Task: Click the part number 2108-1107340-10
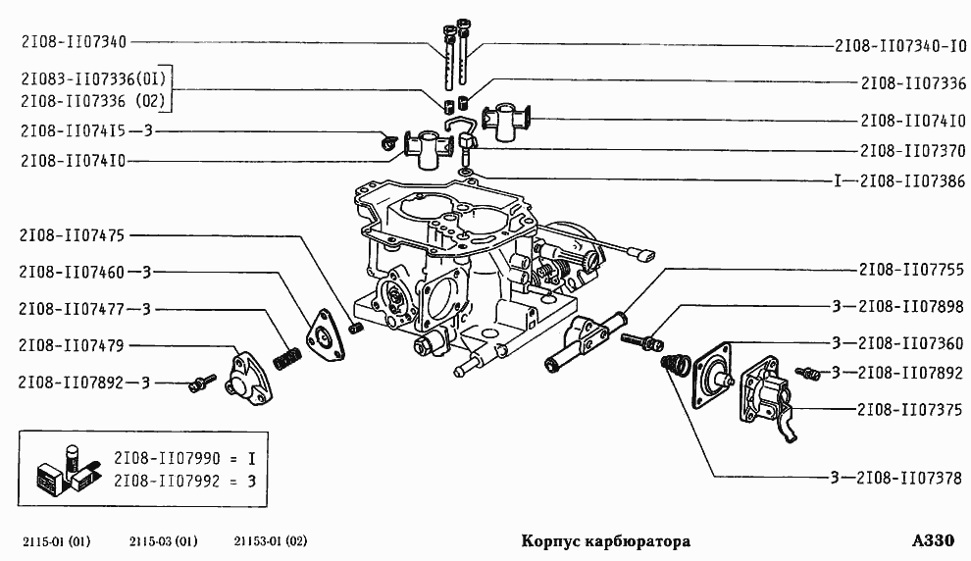900,45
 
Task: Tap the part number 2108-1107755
911,268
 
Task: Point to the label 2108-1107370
912,151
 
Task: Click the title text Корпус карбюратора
605,541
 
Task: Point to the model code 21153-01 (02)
271,541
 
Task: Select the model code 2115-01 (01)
55,541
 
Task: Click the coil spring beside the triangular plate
286,354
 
